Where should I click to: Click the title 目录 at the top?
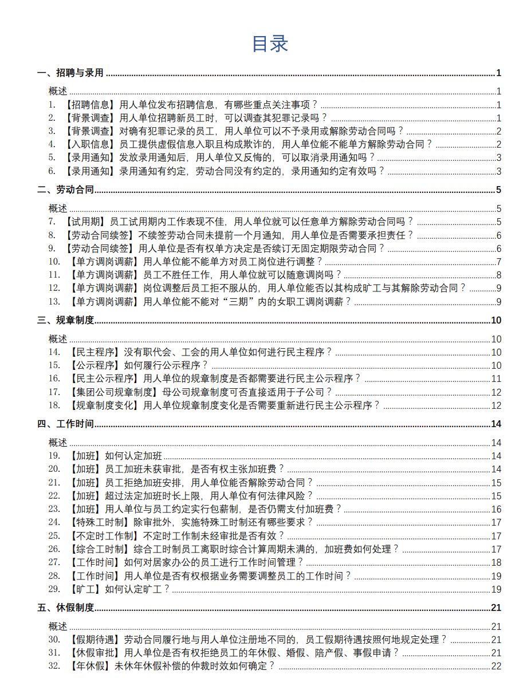pos(269,44)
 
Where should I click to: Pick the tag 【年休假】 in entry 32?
pos(89,665)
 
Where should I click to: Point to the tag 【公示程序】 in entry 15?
pos(95,365)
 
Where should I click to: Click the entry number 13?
pos(54,301)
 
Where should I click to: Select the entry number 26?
pos(54,549)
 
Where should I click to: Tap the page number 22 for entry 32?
pos(496,665)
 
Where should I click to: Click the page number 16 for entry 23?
pos(496,509)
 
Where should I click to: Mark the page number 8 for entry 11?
pos(498,275)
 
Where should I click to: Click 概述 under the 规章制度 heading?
pos(58,339)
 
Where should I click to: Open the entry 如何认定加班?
pos(133,456)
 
